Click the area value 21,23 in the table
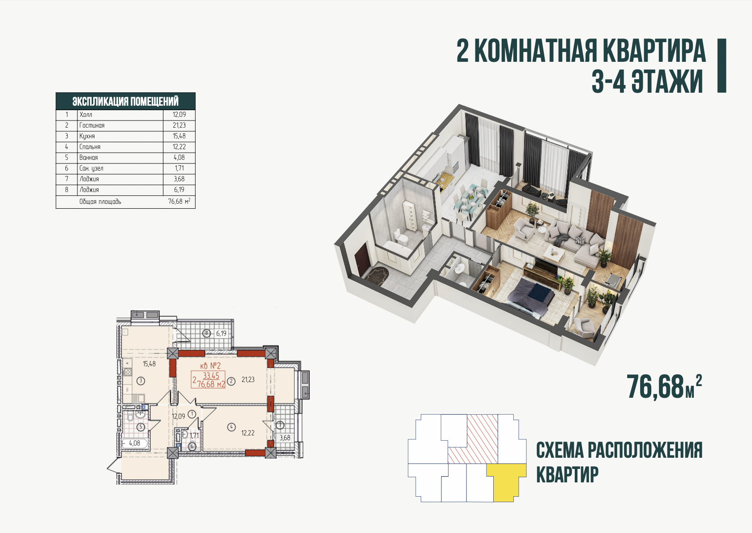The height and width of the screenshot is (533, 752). (x=179, y=125)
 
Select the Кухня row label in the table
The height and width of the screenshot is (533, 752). (x=87, y=136)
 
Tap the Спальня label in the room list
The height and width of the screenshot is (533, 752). (x=90, y=147)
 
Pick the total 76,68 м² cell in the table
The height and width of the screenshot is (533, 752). (x=179, y=201)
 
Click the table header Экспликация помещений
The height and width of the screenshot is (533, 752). (x=125, y=101)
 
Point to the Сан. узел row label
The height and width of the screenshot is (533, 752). (x=91, y=168)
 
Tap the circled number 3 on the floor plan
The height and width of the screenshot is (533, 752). (x=141, y=381)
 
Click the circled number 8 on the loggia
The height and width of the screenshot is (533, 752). (x=206, y=334)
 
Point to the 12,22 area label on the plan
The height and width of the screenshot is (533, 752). (x=248, y=433)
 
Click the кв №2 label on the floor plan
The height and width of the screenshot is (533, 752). (x=210, y=365)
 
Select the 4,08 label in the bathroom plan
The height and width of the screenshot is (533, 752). (x=135, y=443)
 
